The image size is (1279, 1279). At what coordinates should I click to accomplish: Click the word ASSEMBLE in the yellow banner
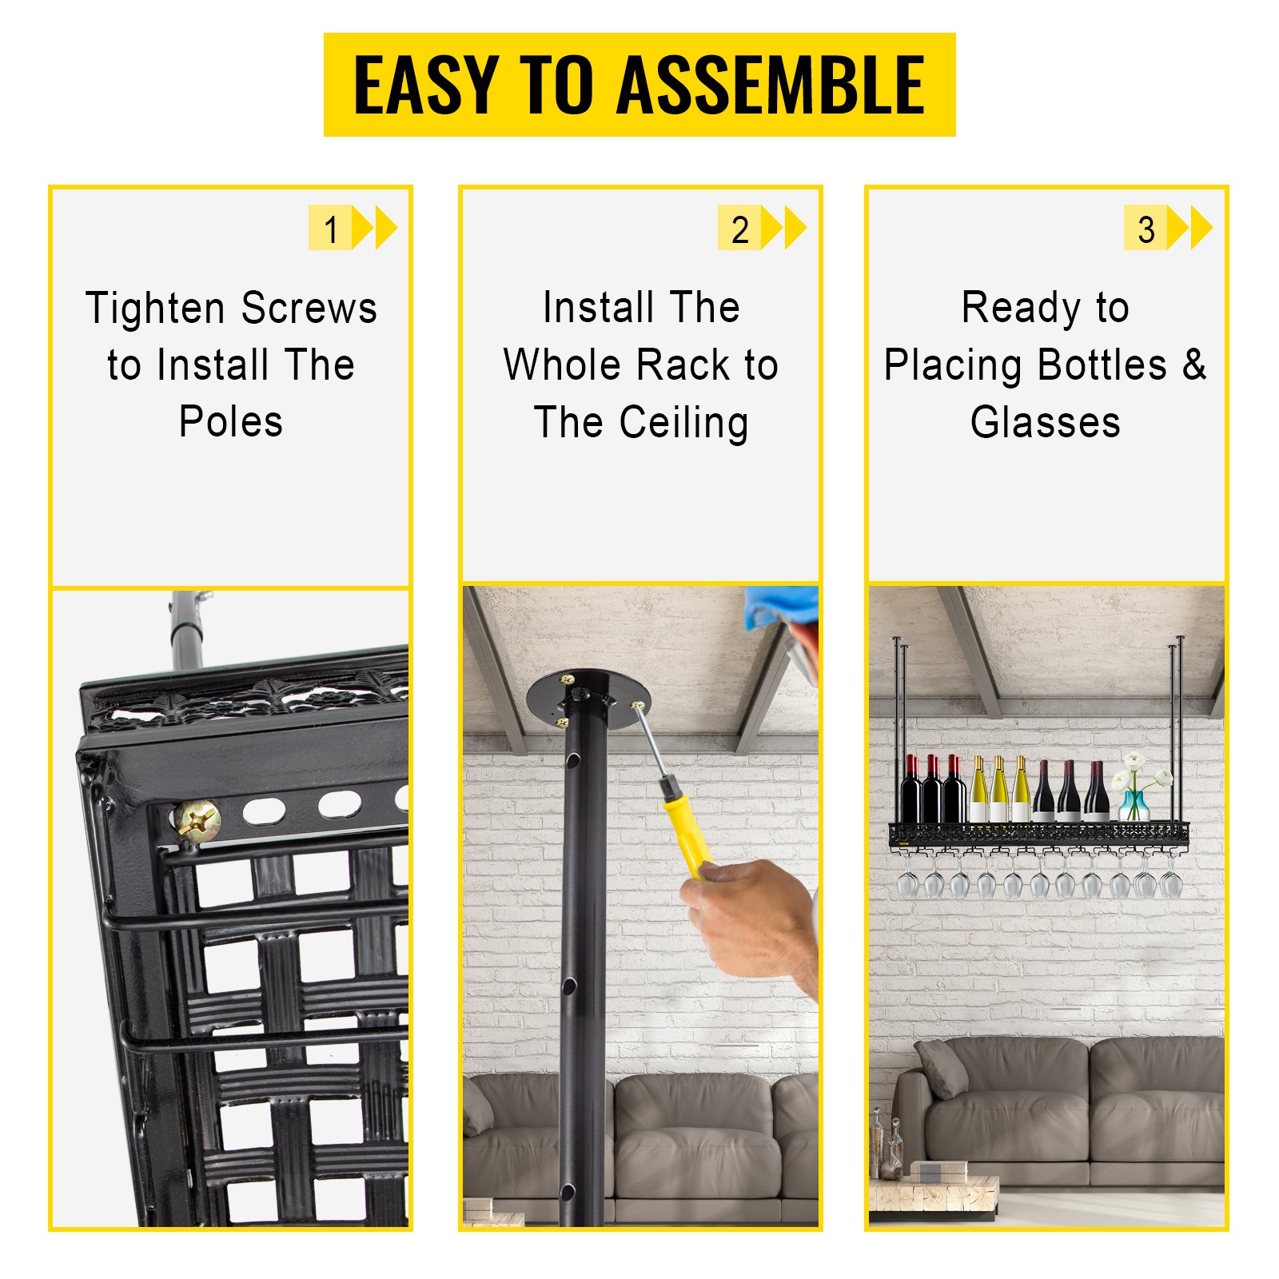[x=771, y=85]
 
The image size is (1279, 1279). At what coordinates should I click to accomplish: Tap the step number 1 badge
[x=330, y=229]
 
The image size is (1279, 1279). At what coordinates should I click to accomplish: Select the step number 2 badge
[x=739, y=229]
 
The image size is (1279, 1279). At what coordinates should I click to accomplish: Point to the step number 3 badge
[x=1146, y=229]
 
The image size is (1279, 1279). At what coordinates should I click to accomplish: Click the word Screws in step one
[x=309, y=309]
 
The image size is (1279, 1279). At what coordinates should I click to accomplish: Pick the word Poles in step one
[x=231, y=422]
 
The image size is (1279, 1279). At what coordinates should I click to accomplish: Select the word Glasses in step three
[x=1046, y=423]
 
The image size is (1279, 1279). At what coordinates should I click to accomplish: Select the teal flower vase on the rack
[x=1134, y=805]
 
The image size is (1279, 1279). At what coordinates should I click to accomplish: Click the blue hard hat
[x=779, y=608]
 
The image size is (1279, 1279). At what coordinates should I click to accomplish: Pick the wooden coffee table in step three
[x=933, y=1194]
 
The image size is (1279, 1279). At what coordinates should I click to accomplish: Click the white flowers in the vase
[x=1140, y=770]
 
